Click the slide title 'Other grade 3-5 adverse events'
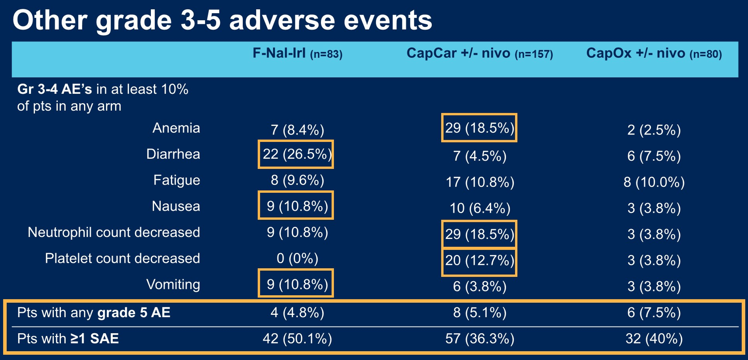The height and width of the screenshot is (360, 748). (x=222, y=20)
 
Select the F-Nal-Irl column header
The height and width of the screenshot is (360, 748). (x=297, y=54)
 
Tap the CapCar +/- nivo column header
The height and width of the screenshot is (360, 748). (x=479, y=54)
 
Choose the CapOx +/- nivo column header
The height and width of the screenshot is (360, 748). (x=654, y=54)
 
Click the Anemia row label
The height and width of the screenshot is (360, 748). (x=176, y=128)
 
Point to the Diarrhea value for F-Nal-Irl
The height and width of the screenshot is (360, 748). (x=297, y=154)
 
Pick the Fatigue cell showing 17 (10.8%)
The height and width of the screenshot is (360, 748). (x=480, y=182)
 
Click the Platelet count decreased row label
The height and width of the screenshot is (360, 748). (x=122, y=258)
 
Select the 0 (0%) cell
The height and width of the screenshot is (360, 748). (x=297, y=258)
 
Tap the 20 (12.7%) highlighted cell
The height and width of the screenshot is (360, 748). (x=479, y=260)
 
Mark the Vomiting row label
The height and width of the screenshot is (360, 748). (x=173, y=285)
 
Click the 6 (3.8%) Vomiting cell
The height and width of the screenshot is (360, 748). (x=479, y=286)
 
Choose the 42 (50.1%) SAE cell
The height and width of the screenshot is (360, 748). (x=297, y=339)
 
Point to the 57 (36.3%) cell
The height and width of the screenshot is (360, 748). (x=479, y=339)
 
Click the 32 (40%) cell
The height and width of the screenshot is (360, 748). (x=654, y=339)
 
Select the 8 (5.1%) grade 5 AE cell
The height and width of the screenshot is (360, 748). (x=479, y=313)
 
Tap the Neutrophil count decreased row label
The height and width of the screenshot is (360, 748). (x=114, y=233)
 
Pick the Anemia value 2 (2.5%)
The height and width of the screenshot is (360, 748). (x=654, y=130)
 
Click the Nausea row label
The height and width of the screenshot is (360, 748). (x=176, y=206)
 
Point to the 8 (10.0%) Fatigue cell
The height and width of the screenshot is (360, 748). (x=654, y=182)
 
